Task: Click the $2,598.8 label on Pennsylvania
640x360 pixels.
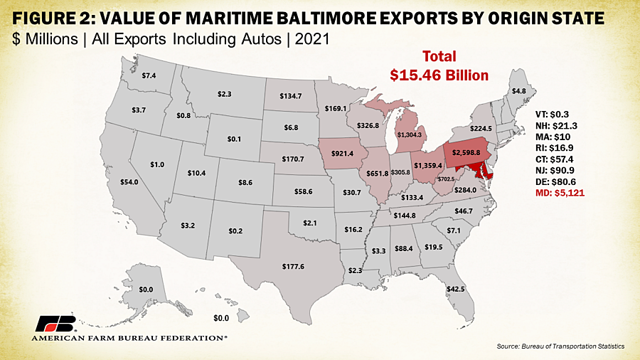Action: pyautogui.click(x=467, y=152)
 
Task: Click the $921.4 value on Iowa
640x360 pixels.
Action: pyautogui.click(x=342, y=154)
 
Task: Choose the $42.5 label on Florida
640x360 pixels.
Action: pyautogui.click(x=455, y=290)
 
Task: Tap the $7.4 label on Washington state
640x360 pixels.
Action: pyautogui.click(x=149, y=75)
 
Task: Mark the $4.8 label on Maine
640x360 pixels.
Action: pyautogui.click(x=519, y=91)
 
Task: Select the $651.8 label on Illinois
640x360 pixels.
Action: pyautogui.click(x=377, y=174)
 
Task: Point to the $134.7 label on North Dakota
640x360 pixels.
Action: pyautogui.click(x=291, y=95)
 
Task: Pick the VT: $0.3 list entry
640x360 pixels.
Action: pyautogui.click(x=552, y=113)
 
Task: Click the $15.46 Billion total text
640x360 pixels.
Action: pyautogui.click(x=439, y=73)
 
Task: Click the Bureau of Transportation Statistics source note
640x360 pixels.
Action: pyautogui.click(x=562, y=346)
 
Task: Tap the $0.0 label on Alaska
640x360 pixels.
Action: pyautogui.click(x=146, y=290)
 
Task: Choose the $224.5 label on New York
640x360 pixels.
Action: pyautogui.click(x=481, y=129)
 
